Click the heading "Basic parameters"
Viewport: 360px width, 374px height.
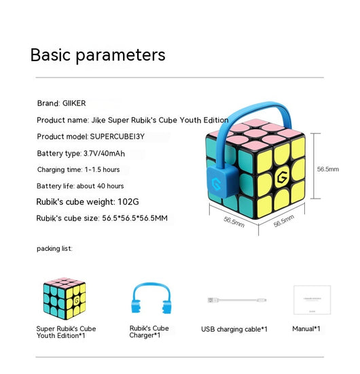coord(98,55)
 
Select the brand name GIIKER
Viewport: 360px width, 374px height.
coord(74,103)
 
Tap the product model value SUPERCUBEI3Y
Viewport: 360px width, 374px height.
coord(118,137)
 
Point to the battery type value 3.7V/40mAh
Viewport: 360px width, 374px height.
coord(104,154)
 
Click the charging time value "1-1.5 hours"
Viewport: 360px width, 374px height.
coord(102,169)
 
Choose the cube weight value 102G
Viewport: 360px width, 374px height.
coord(128,202)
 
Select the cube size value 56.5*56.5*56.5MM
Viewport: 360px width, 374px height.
coord(135,218)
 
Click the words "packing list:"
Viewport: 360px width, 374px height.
coord(54,248)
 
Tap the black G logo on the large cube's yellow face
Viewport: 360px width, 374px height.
coord(282,177)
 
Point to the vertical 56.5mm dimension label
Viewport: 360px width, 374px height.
coord(328,169)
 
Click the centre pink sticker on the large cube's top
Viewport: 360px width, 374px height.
coord(256,133)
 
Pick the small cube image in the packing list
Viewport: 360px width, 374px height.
coord(65,298)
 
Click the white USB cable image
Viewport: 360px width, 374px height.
coord(237,300)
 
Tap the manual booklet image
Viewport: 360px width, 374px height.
coord(312,300)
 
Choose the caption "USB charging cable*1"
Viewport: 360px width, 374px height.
coord(234,329)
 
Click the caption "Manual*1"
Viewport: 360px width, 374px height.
coord(306,328)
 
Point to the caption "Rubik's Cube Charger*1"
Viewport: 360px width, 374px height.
coord(149,332)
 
